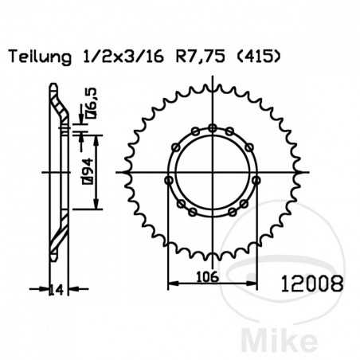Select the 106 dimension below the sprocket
tap(213, 276)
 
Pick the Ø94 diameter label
tap(83, 170)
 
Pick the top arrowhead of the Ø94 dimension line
tap(96, 138)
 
